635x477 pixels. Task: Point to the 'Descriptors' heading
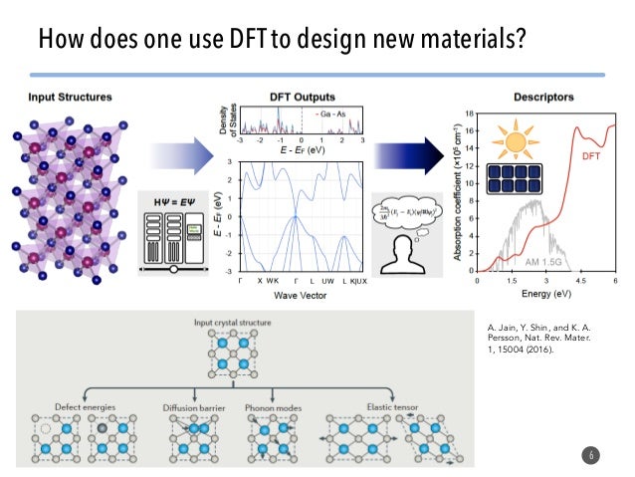click(x=542, y=99)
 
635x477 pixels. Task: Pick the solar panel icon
click(x=515, y=186)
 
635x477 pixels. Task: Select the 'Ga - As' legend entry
click(x=337, y=116)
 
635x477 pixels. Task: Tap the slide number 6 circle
click(x=593, y=455)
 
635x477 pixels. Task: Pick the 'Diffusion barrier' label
click(x=194, y=408)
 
